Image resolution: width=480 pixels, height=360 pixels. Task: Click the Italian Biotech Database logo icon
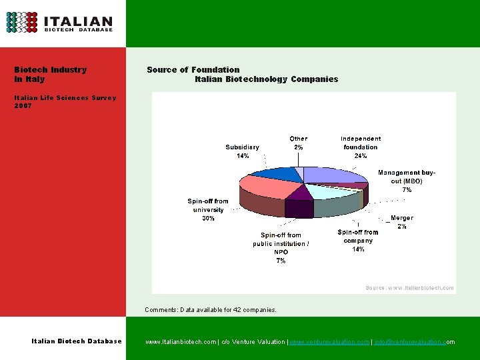coord(22,22)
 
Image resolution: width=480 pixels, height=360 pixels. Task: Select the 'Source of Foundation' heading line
coord(193,69)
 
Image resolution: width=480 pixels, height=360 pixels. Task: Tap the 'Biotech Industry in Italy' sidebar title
coord(50,74)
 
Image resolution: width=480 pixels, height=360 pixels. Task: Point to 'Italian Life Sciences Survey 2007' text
coord(65,101)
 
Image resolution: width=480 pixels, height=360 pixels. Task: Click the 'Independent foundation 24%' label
coord(361,147)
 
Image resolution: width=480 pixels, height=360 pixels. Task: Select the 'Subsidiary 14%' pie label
coord(243,151)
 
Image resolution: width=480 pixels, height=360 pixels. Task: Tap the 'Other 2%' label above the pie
coord(298,143)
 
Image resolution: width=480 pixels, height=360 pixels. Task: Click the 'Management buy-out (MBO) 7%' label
coord(407,181)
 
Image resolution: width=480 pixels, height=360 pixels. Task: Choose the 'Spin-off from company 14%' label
coord(358,240)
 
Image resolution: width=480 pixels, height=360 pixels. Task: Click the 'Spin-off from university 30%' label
coord(208,209)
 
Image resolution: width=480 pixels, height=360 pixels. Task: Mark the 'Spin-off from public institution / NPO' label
coord(281,247)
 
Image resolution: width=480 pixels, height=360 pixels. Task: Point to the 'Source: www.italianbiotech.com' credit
coord(409,288)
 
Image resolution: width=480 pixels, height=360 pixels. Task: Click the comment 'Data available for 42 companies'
coord(210,309)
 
